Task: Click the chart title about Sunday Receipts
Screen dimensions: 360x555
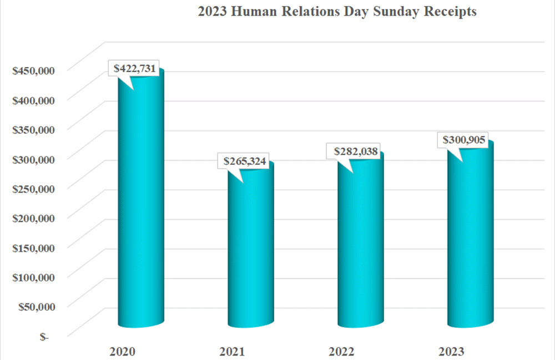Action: click(x=337, y=13)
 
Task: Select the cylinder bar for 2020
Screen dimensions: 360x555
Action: click(x=141, y=205)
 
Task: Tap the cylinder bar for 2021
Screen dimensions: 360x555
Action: click(x=251, y=250)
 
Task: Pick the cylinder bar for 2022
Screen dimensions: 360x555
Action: click(x=361, y=244)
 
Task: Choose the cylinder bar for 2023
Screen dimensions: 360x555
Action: click(x=471, y=239)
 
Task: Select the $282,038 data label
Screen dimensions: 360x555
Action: click(x=357, y=151)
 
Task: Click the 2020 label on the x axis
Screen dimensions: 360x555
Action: click(x=123, y=351)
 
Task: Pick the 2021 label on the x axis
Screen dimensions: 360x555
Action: click(x=233, y=351)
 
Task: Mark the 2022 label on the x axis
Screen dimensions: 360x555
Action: click(x=343, y=351)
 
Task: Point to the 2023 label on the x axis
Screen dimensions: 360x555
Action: click(x=453, y=351)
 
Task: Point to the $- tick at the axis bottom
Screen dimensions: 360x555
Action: click(x=43, y=336)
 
